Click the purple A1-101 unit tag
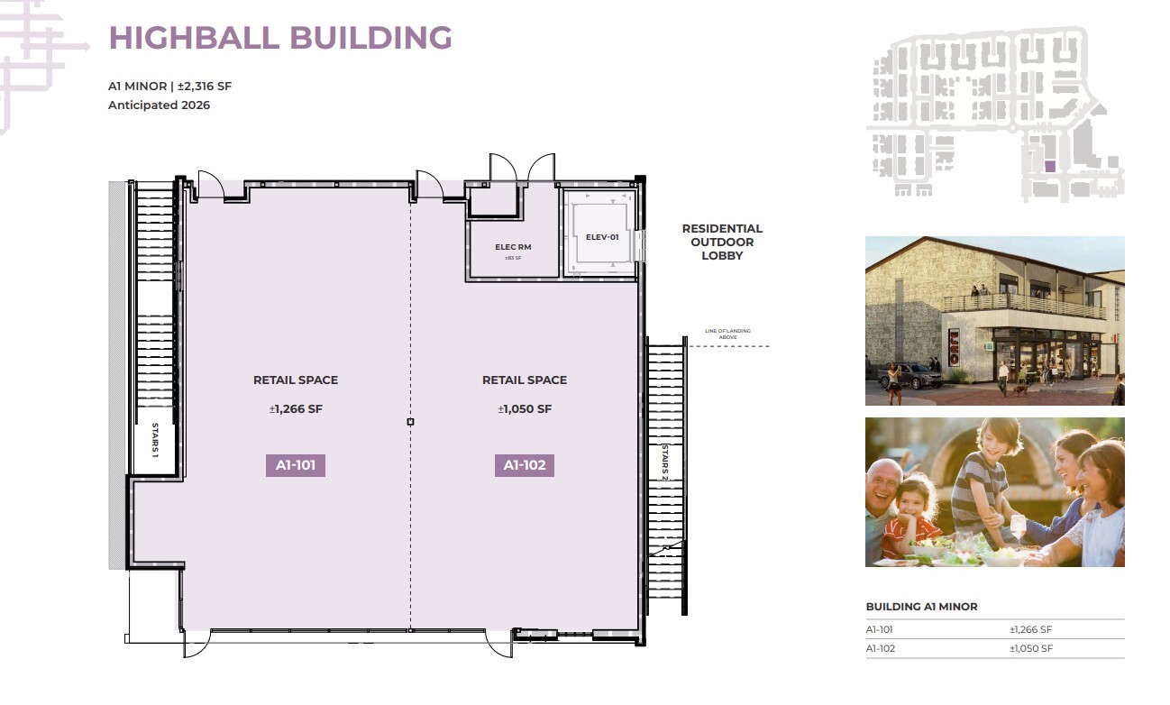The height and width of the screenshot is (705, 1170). pos(295,465)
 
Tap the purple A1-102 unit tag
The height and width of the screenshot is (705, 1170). pos(524,465)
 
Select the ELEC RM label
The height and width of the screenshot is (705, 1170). pos(513,246)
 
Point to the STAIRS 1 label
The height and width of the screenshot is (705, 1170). pos(154,440)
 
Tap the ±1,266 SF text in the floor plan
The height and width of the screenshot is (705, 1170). pos(296,409)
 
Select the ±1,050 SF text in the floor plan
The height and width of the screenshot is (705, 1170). pos(525,409)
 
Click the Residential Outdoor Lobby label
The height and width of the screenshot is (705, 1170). pos(722,242)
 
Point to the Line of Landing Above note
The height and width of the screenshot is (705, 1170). pos(727,334)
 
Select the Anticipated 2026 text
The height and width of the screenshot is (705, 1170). pos(159,105)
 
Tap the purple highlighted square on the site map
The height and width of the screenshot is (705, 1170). pos(1049,166)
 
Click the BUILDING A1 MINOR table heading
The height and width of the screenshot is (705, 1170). pos(921,607)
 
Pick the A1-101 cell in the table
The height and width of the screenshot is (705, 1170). pos(880,630)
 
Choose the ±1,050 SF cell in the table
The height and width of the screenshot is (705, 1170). pos(1031,649)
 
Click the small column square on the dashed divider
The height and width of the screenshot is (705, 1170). pos(411,422)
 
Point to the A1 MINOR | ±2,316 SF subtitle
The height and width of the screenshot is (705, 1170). pos(170,87)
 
